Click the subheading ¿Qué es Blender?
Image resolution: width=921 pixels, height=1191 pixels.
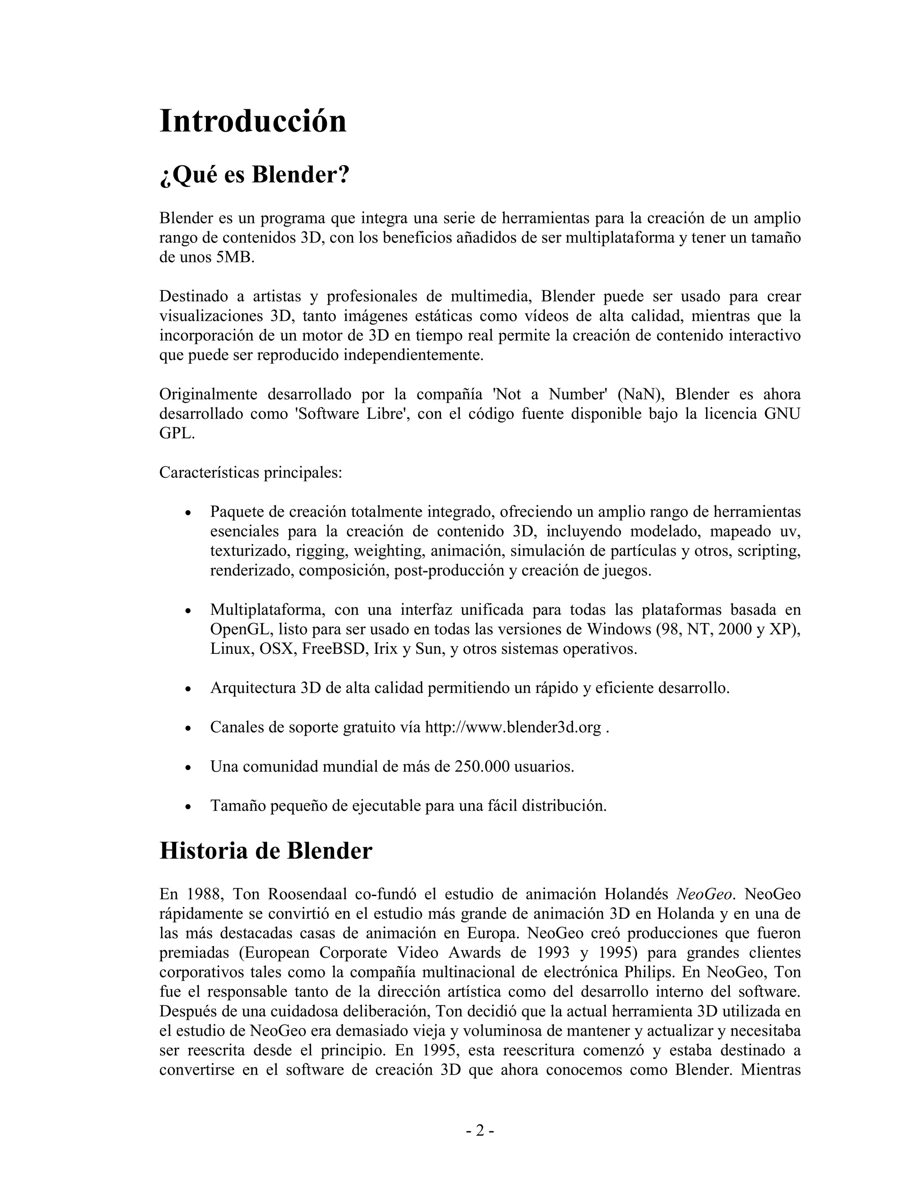[x=254, y=175]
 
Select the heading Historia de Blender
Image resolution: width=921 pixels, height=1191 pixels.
[x=266, y=851]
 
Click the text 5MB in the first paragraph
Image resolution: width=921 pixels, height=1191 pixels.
[x=235, y=258]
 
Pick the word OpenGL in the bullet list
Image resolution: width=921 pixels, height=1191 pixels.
[x=241, y=629]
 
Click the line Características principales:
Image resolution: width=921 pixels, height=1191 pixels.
[x=250, y=472]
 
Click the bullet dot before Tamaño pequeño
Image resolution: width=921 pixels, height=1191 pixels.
[x=188, y=807]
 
